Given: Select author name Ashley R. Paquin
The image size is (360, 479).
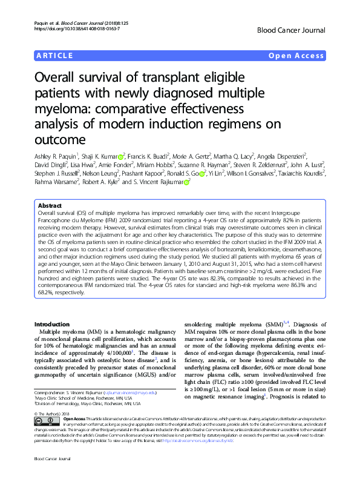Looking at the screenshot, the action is coord(57,156).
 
